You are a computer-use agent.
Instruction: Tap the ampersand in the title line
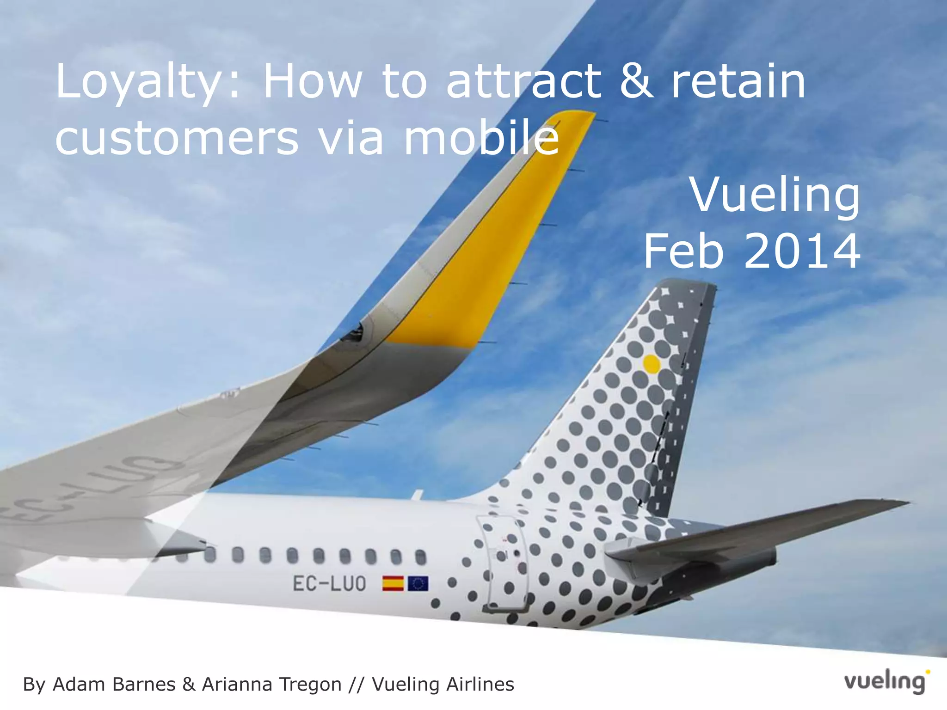coord(637,82)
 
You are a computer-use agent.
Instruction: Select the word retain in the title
coord(738,82)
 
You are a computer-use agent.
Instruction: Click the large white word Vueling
coord(775,196)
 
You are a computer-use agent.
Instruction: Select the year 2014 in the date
coord(802,251)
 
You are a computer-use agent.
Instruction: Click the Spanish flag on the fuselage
coord(393,584)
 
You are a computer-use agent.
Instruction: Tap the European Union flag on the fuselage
coord(418,584)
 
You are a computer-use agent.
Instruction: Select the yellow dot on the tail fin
coord(652,364)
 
